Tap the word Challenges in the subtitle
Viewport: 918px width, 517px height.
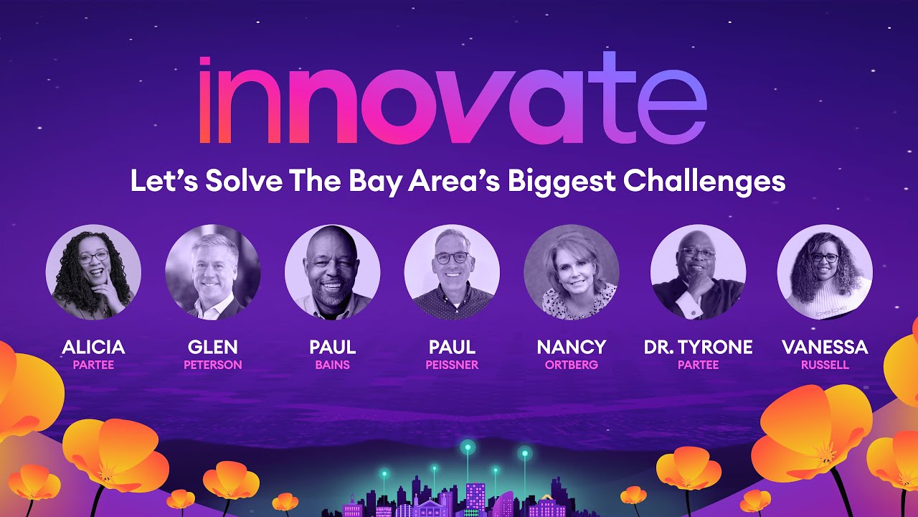click(704, 181)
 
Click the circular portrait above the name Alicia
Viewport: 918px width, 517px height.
click(93, 271)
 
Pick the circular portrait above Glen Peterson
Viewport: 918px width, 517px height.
click(213, 271)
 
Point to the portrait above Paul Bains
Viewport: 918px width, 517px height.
click(333, 271)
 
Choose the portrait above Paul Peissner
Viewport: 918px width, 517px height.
click(452, 271)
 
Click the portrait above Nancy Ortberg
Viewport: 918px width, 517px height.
click(572, 271)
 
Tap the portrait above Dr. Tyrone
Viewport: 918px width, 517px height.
click(698, 271)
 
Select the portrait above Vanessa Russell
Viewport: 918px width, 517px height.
click(825, 271)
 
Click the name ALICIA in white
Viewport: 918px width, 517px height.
click(93, 348)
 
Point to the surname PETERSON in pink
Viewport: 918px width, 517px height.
click(213, 365)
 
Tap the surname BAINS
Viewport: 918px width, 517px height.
click(333, 365)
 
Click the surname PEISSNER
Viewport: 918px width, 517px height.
click(452, 365)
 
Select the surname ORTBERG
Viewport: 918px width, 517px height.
click(572, 365)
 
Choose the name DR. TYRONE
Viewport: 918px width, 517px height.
click(698, 348)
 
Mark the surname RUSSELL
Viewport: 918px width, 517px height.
click(825, 365)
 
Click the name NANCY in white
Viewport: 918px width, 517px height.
click(572, 348)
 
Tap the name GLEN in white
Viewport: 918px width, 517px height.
click(213, 348)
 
